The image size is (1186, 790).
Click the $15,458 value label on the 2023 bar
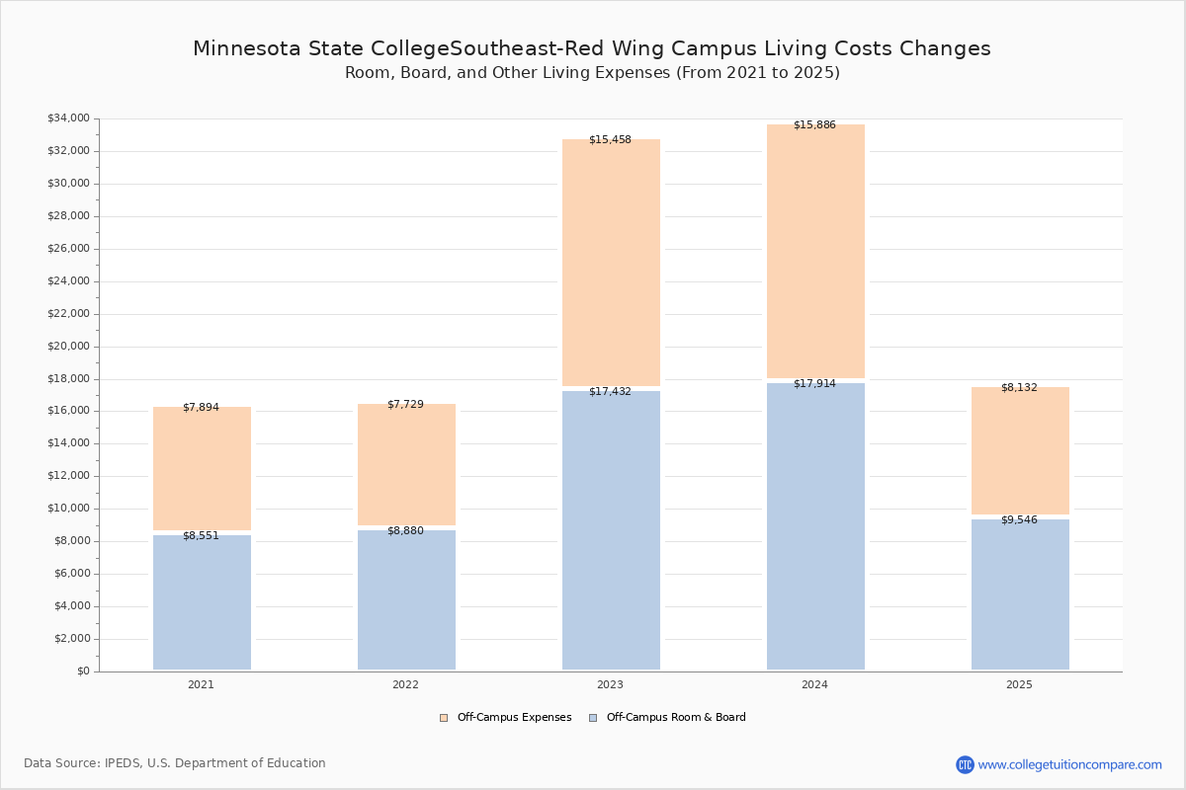tap(610, 139)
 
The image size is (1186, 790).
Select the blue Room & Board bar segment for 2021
tap(202, 602)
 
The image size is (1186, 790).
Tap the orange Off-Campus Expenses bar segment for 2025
tap(1020, 451)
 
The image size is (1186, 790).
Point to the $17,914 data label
tap(814, 383)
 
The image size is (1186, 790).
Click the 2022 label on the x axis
tap(405, 684)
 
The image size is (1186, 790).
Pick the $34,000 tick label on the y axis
tap(69, 118)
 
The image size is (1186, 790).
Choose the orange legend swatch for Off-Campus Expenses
tap(444, 718)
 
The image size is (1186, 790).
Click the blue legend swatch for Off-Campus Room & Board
tap(593, 718)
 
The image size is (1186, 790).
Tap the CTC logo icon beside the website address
tap(965, 764)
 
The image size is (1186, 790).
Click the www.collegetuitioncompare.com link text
tap(1069, 764)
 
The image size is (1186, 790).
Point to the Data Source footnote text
tap(175, 763)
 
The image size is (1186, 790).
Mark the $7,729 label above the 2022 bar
tap(405, 404)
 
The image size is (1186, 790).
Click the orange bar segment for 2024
tap(815, 252)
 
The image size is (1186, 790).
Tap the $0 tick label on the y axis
tap(84, 671)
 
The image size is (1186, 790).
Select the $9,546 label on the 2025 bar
tap(1019, 519)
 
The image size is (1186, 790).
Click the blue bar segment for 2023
tap(611, 530)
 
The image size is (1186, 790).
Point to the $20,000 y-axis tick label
tap(69, 347)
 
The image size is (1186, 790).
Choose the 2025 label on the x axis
tap(1019, 684)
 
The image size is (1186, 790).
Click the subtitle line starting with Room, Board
tap(592, 72)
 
